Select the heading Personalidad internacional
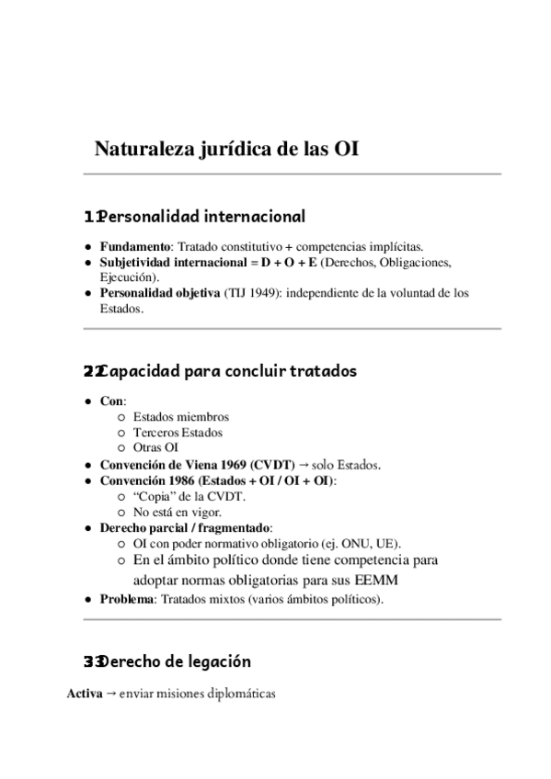[x=201, y=217]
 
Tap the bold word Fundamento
[x=135, y=247]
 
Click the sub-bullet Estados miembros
[x=180, y=417]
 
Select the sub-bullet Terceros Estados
[x=178, y=433]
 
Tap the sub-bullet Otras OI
[x=155, y=448]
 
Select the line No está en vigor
[x=177, y=512]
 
